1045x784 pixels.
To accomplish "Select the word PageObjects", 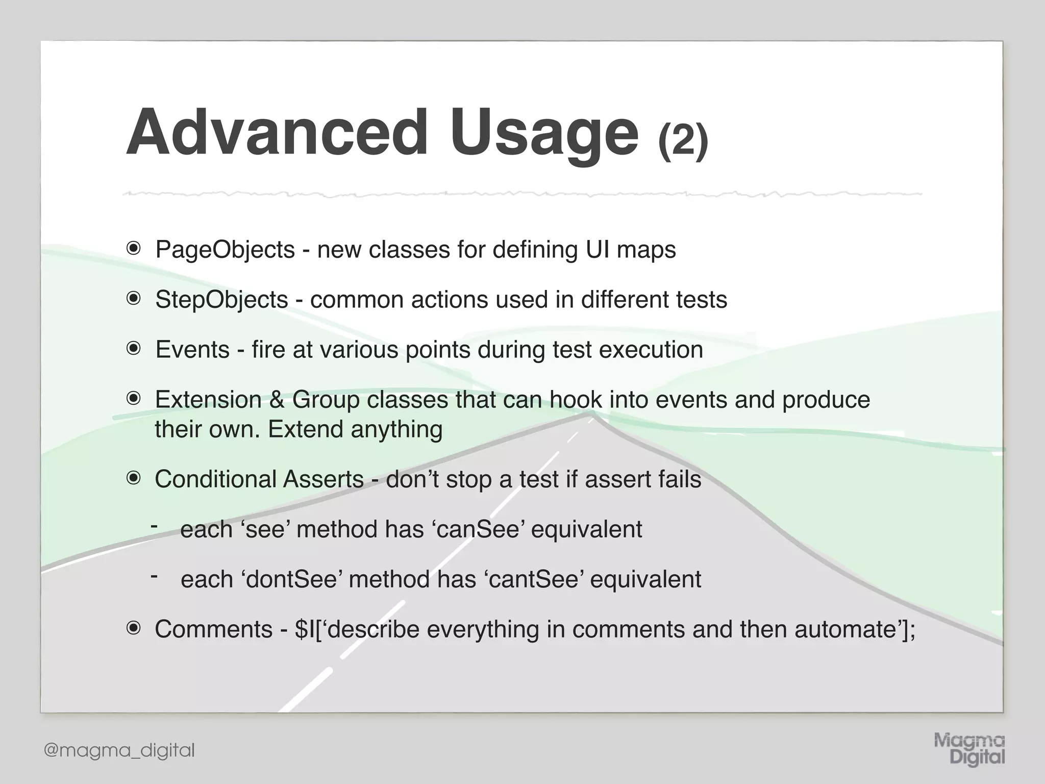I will [225, 250].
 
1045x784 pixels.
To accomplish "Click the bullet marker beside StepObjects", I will [134, 299].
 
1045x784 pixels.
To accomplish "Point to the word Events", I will [192, 350].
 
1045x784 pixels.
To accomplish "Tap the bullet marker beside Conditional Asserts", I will [134, 479].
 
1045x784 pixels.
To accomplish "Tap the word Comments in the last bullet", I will [213, 629].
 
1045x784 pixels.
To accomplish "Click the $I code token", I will [305, 629].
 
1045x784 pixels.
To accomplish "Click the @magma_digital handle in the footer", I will [119, 750].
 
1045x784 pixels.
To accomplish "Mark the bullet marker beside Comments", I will [134, 629].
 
